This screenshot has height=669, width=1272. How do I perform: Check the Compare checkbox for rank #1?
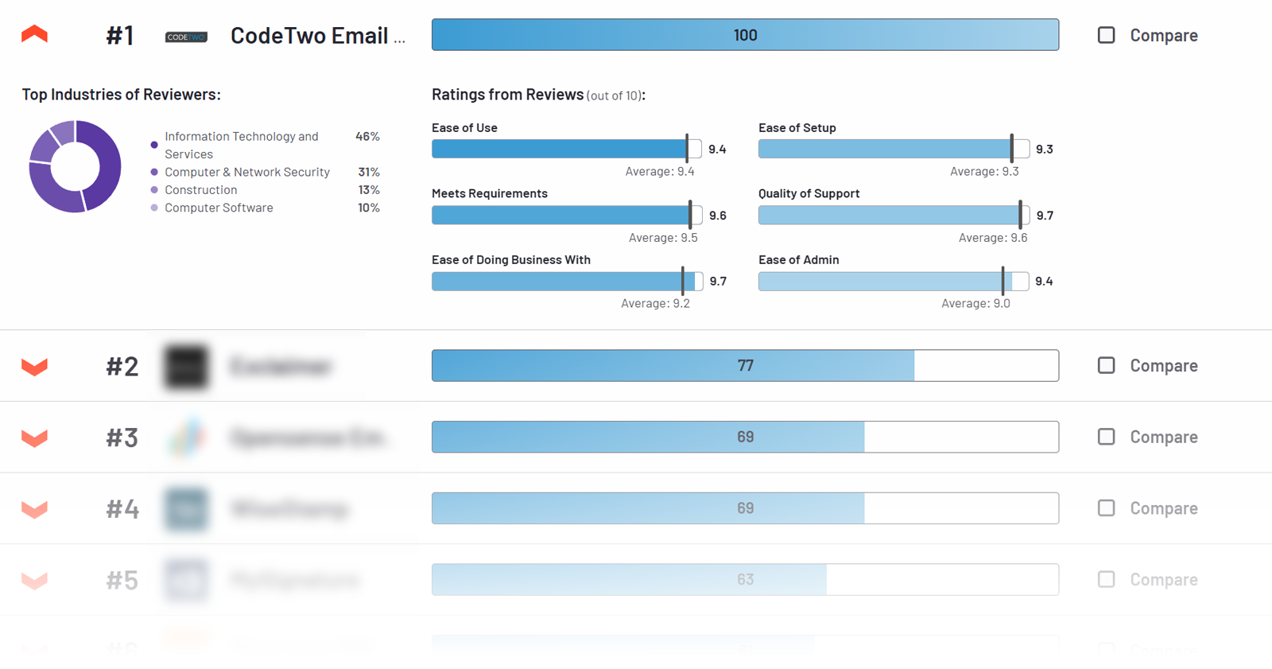(x=1106, y=35)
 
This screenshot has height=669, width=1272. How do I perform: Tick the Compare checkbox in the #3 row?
(x=1106, y=437)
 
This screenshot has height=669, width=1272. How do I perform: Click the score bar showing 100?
(x=745, y=35)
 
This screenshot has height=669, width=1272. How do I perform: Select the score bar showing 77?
(x=745, y=366)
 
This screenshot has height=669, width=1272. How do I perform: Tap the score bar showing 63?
(x=745, y=580)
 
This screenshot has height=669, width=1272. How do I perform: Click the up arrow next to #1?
(x=34, y=34)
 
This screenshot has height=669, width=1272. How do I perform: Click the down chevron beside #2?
(x=34, y=367)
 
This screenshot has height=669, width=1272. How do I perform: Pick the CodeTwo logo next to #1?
(x=186, y=37)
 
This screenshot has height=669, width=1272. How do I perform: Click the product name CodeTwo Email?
(x=316, y=36)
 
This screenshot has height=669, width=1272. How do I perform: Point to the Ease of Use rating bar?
(x=566, y=149)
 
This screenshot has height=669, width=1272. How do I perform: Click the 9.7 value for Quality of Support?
(x=1045, y=216)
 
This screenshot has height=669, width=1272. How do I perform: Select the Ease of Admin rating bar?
(x=893, y=282)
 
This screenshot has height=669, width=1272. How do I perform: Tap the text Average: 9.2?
(x=655, y=303)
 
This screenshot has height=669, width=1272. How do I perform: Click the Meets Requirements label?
(x=489, y=193)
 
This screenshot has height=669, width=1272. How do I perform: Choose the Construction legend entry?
(x=200, y=190)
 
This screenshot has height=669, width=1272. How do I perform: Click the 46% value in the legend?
(x=367, y=137)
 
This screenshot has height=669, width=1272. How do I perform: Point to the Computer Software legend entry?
(x=219, y=208)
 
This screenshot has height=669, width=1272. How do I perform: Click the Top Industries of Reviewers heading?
(x=121, y=95)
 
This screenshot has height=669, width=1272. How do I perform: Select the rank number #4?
(x=122, y=508)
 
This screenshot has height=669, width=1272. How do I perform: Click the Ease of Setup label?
(x=797, y=127)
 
